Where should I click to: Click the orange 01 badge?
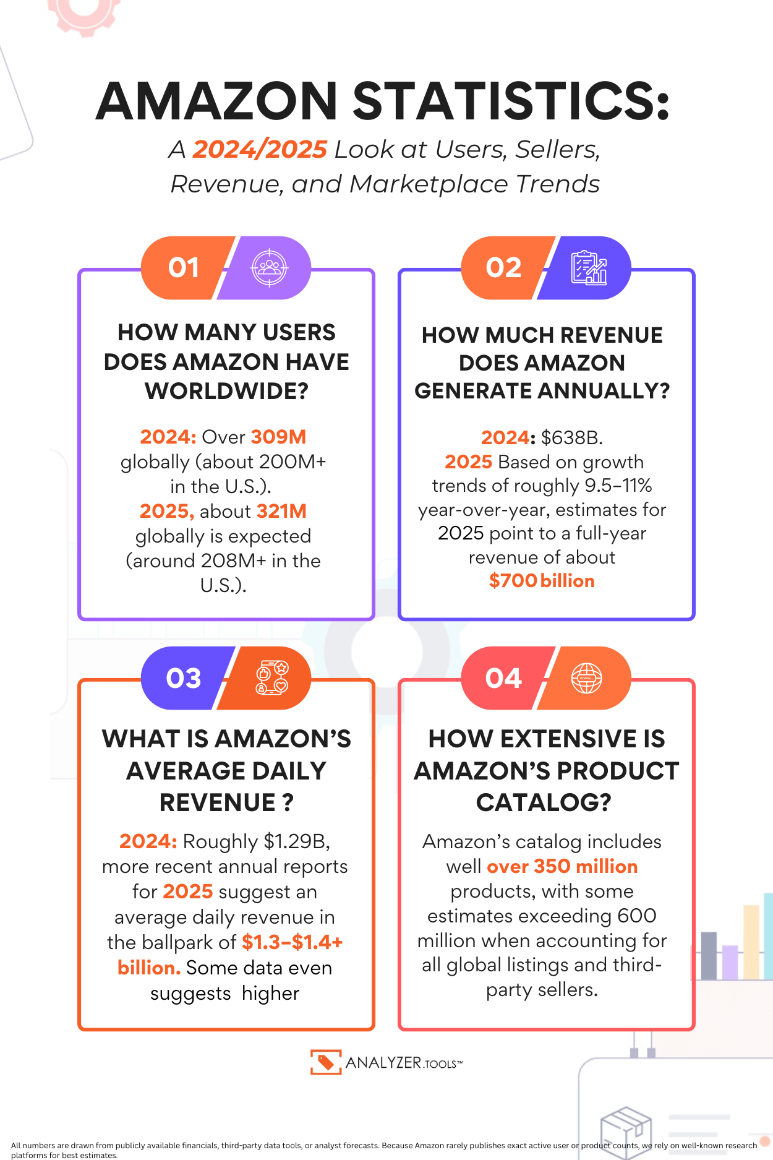(183, 268)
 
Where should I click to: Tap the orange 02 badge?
(503, 268)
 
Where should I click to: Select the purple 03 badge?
(183, 679)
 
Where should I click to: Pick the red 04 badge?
(503, 679)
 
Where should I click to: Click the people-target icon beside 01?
(269, 268)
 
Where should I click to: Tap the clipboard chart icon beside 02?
(588, 268)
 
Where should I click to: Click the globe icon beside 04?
(586, 678)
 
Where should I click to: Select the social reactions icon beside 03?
(271, 678)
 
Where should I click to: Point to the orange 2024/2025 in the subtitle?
(259, 150)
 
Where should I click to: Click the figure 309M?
(278, 437)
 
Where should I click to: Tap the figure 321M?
(281, 511)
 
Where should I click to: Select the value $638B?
(571, 437)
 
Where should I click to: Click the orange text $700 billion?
(542, 581)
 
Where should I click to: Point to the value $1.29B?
(297, 841)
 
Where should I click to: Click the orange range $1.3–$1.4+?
(292, 942)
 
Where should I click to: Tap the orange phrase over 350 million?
(562, 866)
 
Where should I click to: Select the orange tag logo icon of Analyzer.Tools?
(325, 1062)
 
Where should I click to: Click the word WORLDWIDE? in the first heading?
(226, 391)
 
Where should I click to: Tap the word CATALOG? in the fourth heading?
(543, 802)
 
